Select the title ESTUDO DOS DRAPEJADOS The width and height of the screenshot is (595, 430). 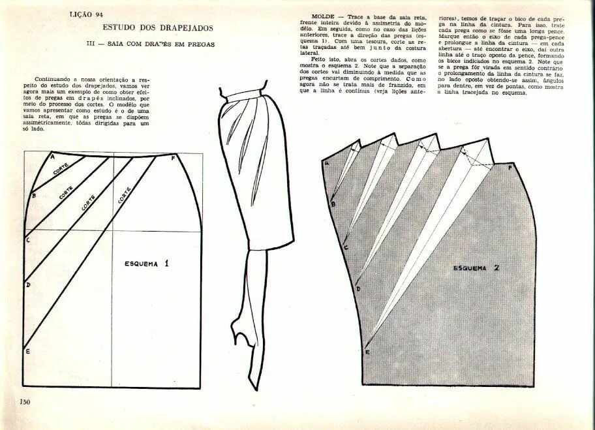(159, 27)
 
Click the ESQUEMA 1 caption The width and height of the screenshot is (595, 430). (147, 264)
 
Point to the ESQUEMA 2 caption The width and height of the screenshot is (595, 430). (477, 268)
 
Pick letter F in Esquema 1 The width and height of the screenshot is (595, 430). (173, 158)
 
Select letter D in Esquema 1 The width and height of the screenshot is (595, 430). (27, 284)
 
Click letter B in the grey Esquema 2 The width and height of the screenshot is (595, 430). (333, 204)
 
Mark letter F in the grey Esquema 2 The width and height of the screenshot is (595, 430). (510, 167)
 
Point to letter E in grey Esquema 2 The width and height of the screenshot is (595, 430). (367, 353)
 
